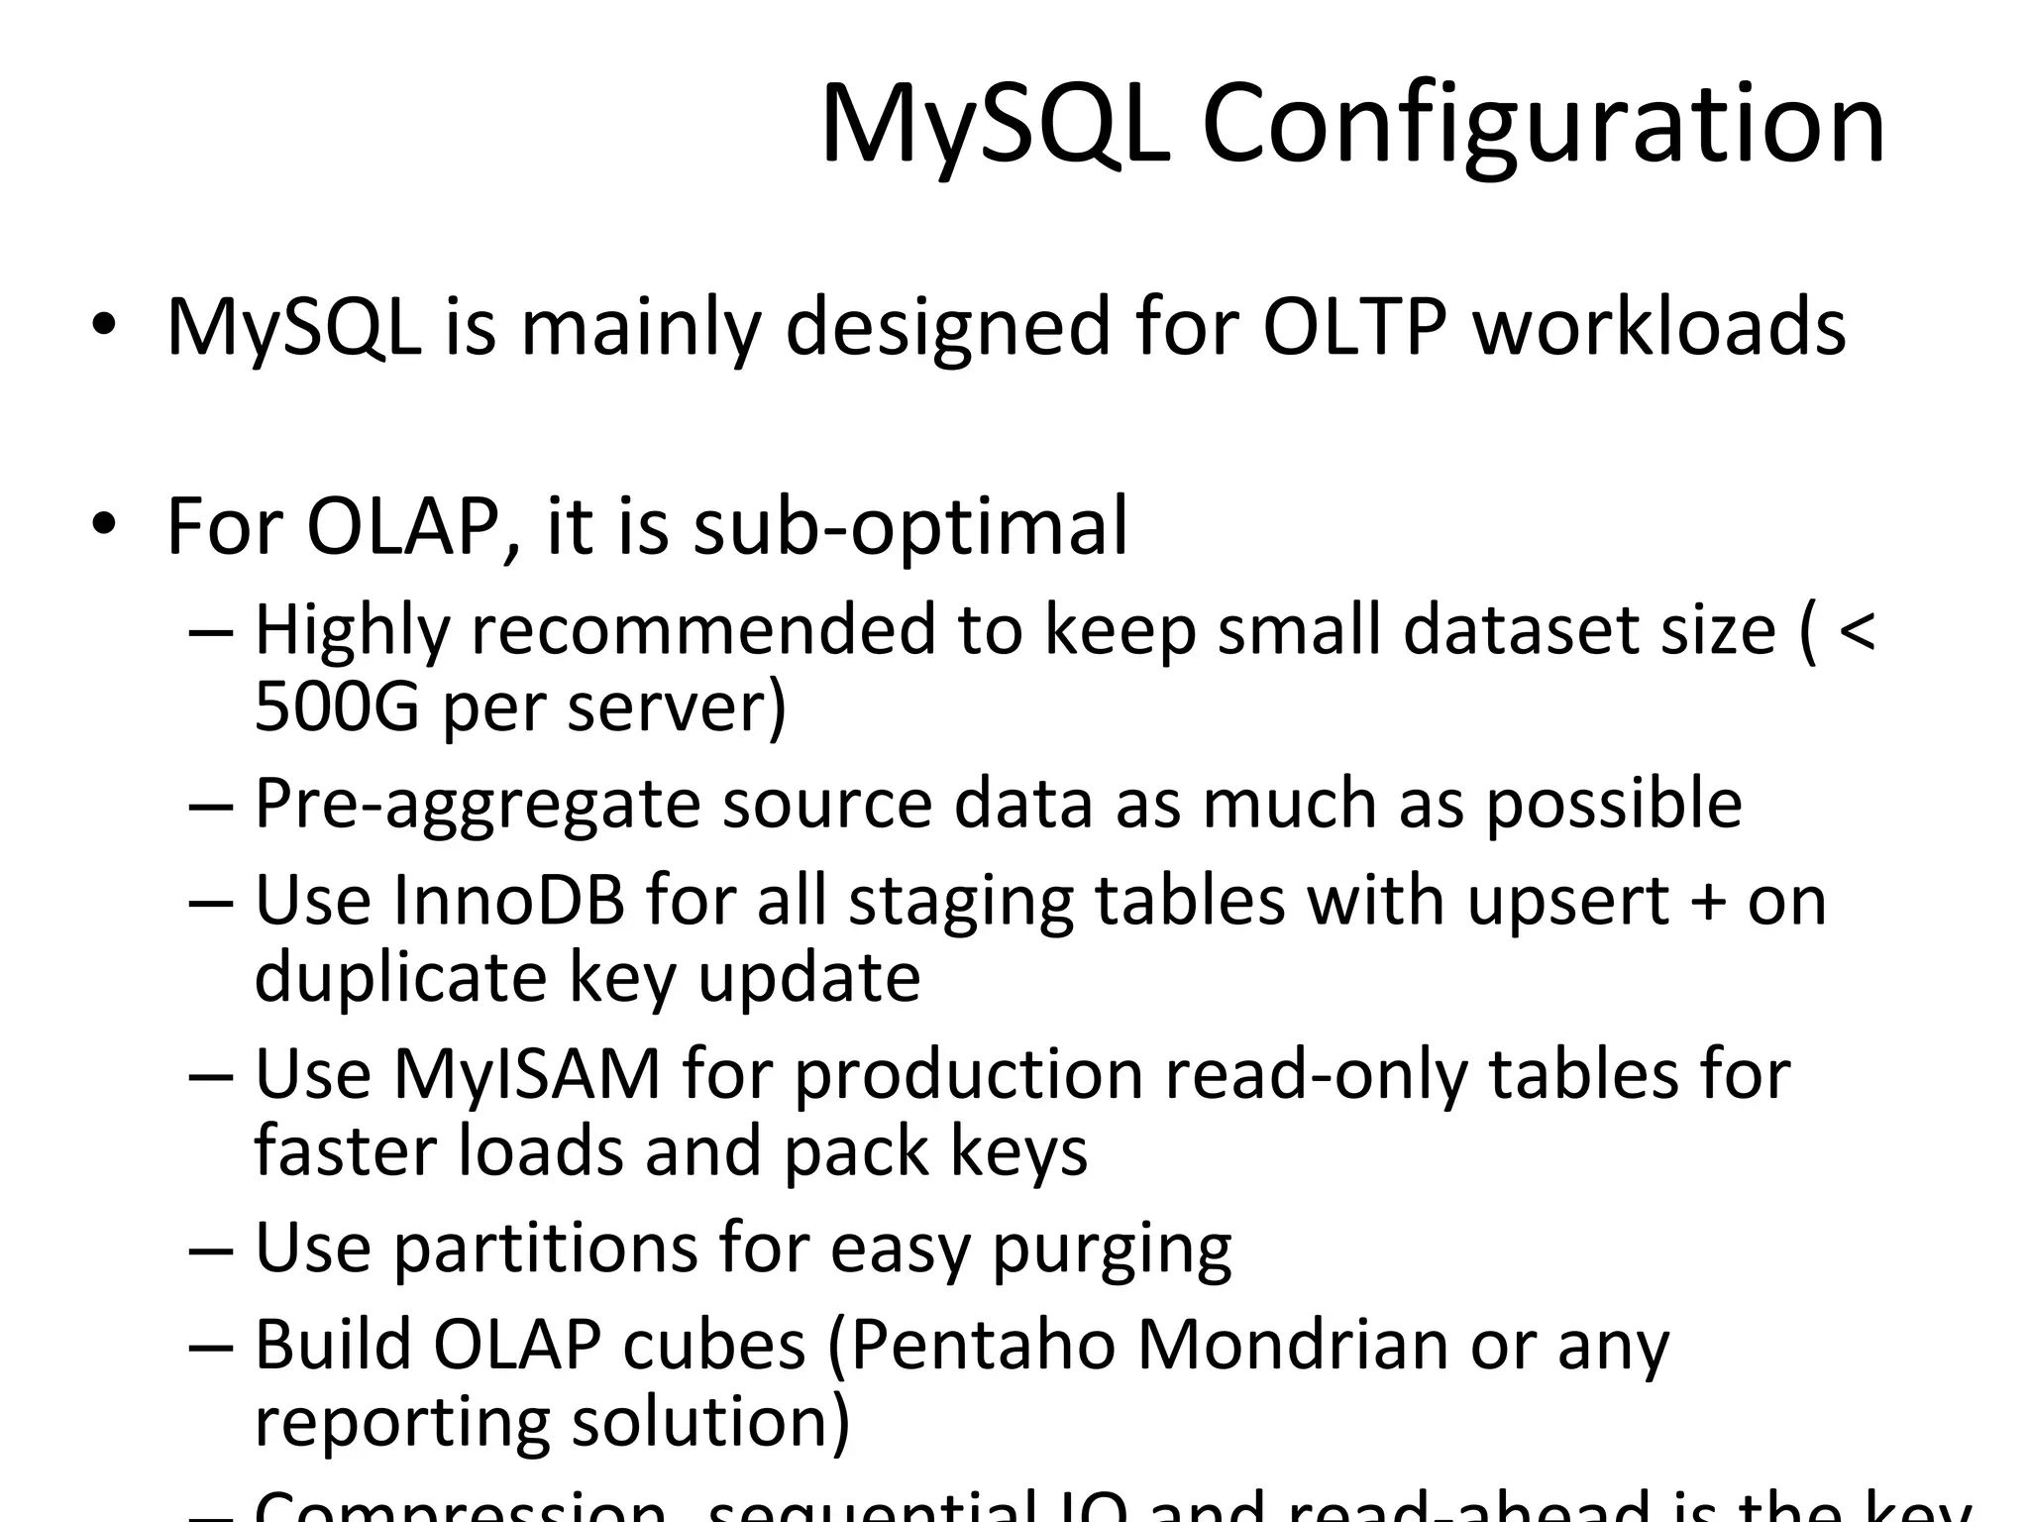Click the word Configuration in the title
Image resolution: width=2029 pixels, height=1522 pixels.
(1543, 125)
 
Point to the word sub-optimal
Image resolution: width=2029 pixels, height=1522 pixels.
(909, 527)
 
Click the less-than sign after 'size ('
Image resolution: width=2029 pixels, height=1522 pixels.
(1855, 629)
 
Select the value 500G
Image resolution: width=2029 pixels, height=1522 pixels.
(337, 707)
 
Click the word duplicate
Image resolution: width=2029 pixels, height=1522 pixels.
(400, 979)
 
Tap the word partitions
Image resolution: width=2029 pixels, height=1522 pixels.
(546, 1249)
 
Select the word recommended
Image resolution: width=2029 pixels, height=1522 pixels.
(702, 631)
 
